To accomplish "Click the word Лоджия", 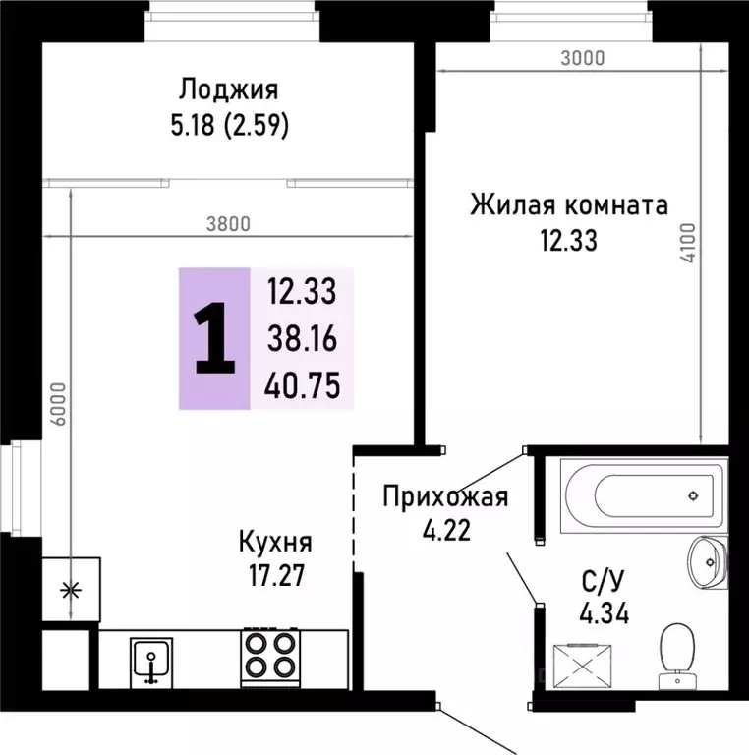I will [x=229, y=90].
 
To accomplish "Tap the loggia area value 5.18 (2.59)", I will [x=229, y=126].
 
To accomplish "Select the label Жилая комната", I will [x=568, y=205].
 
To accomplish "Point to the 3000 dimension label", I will [x=582, y=58].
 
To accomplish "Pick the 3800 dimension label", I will [x=229, y=223].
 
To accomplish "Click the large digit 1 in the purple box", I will [x=214, y=338].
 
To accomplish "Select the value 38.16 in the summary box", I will [x=302, y=339].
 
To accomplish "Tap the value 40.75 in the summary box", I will [x=302, y=386].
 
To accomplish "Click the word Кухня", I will [x=275, y=542].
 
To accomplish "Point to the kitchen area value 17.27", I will [x=275, y=574].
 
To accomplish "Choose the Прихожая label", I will [x=445, y=496].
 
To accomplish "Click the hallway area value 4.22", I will [x=445, y=531].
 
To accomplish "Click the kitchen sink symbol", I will [x=151, y=661].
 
